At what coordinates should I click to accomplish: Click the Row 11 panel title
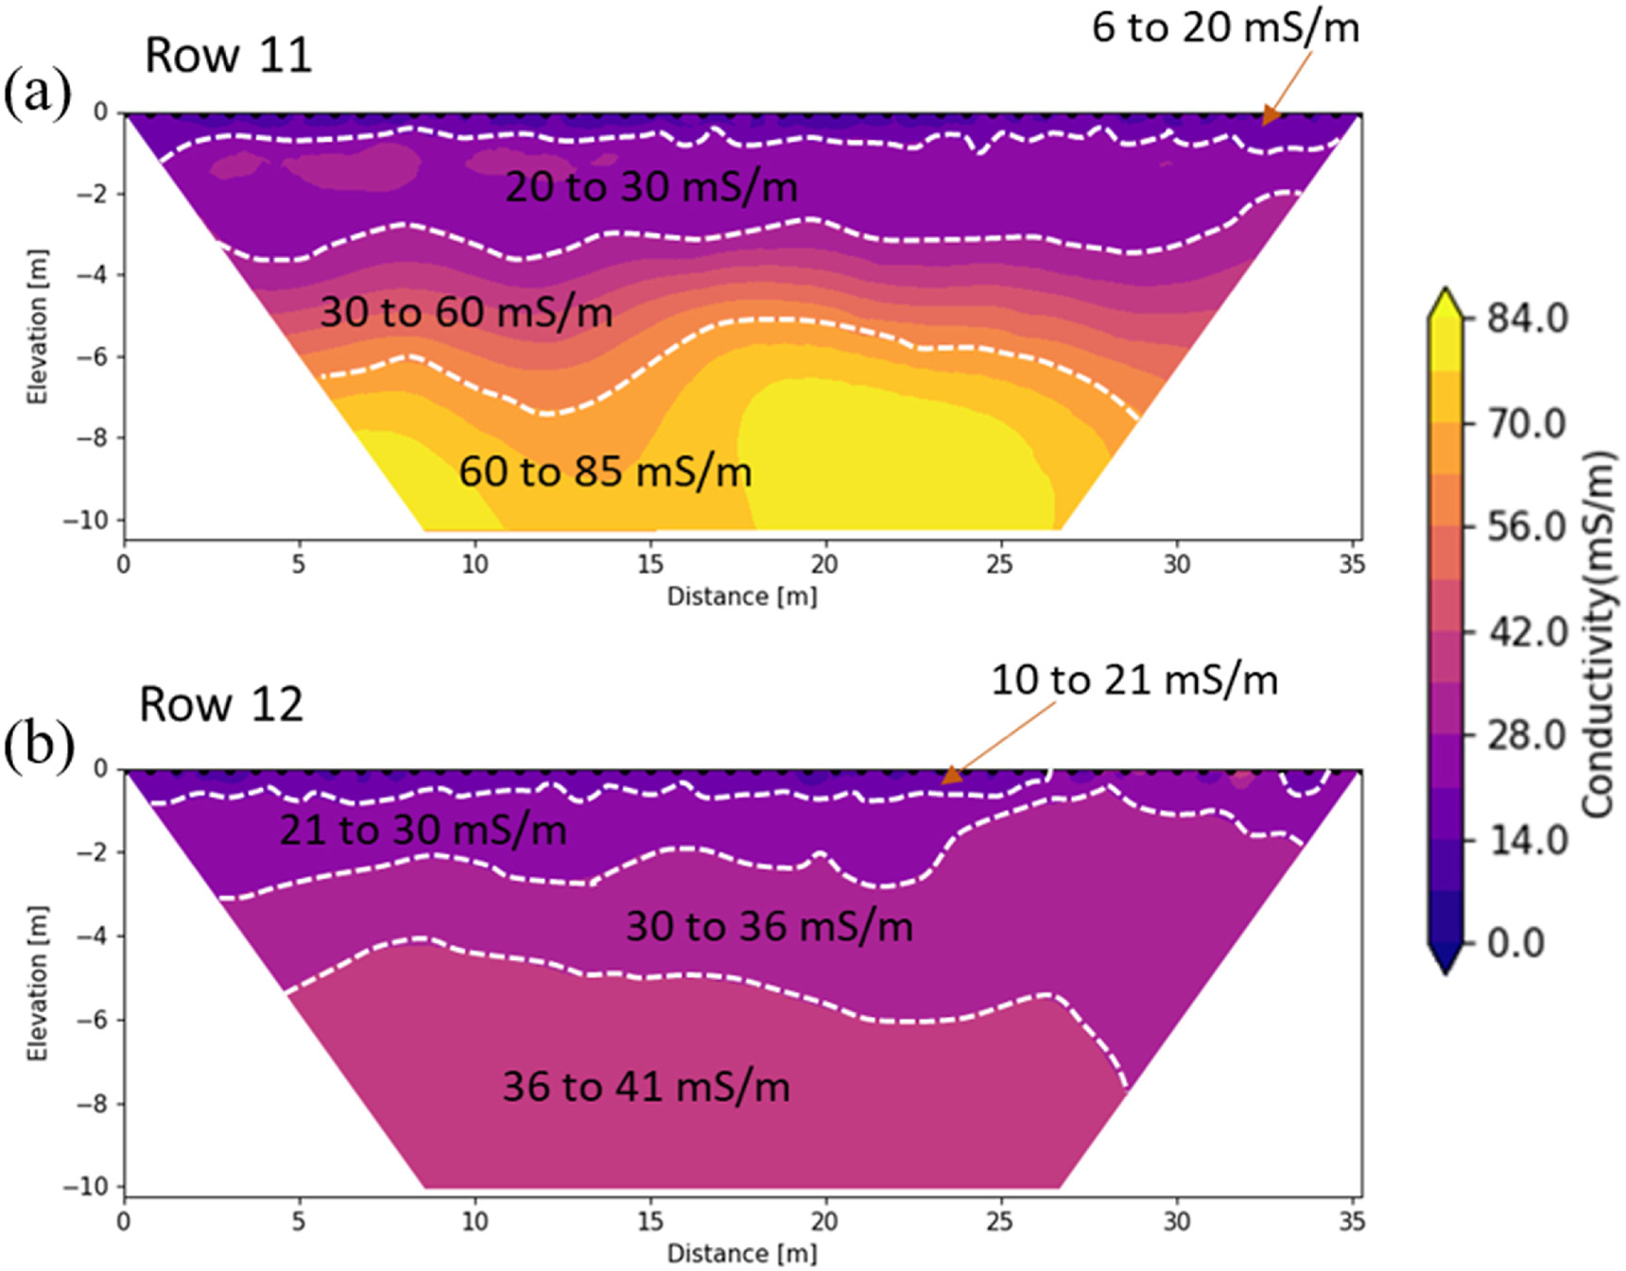(x=228, y=55)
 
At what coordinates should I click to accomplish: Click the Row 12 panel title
(x=221, y=704)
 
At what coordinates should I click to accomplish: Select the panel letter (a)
(x=37, y=94)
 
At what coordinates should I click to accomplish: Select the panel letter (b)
(x=38, y=746)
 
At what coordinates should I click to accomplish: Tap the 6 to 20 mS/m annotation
(x=1225, y=26)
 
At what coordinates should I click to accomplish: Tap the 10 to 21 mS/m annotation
(x=1133, y=679)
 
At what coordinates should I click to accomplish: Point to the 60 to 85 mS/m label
(x=605, y=471)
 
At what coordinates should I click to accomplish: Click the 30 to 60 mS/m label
(x=466, y=311)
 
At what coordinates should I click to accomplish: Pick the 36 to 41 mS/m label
(x=646, y=1086)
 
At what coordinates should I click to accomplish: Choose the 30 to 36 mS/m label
(x=770, y=925)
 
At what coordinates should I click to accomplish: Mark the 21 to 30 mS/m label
(x=423, y=830)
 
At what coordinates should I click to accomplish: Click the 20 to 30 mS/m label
(x=651, y=186)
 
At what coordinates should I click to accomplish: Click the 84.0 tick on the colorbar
(x=1528, y=318)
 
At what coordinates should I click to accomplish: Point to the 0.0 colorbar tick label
(x=1515, y=942)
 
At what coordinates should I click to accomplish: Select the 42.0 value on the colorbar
(x=1528, y=630)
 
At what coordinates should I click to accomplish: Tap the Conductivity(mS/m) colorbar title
(x=1598, y=633)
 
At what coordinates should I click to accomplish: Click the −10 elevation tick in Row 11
(x=86, y=520)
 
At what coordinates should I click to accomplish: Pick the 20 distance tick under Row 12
(x=823, y=1221)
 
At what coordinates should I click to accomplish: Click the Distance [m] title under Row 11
(x=742, y=596)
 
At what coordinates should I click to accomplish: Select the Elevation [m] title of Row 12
(x=37, y=983)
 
